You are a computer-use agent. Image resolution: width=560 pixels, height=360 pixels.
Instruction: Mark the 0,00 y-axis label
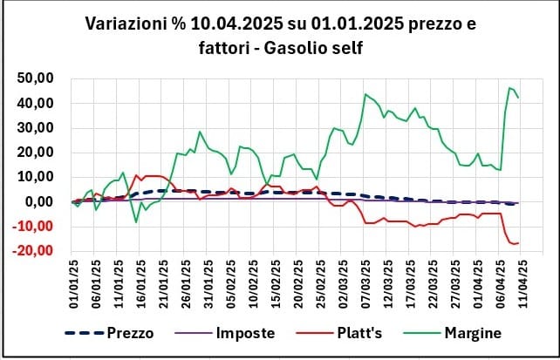(41, 201)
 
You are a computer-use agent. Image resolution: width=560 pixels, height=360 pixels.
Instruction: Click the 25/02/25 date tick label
(322, 280)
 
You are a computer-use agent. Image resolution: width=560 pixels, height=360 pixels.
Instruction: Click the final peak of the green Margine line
(509, 87)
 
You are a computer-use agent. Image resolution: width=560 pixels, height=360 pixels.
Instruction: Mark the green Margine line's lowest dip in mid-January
(136, 222)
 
